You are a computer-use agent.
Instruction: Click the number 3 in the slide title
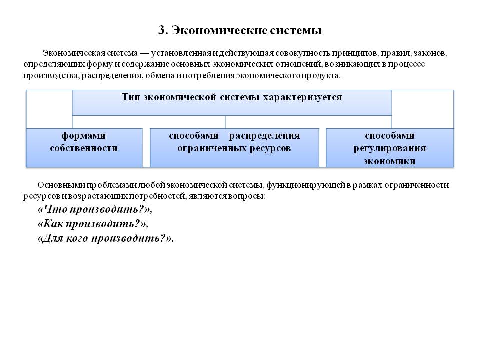click(162, 31)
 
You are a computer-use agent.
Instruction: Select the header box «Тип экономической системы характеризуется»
click(232, 102)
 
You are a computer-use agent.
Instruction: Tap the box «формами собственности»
click(84, 147)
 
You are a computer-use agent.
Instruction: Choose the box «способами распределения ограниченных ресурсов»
click(234, 147)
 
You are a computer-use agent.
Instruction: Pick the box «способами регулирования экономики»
click(390, 147)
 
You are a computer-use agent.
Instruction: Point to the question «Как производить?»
click(93, 224)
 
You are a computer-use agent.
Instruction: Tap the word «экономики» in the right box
click(390, 161)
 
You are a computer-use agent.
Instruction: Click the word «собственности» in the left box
click(84, 148)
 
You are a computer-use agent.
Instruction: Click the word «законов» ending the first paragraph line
click(437, 53)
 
